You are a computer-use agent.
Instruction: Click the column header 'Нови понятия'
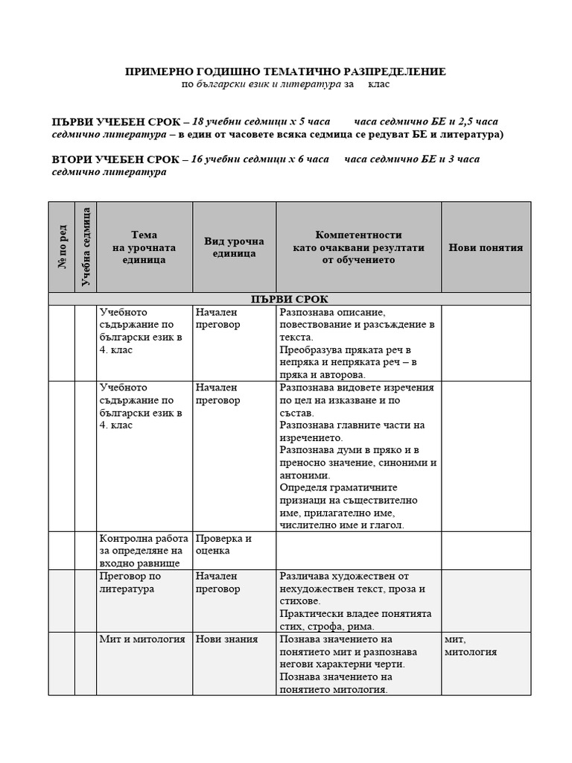(486, 247)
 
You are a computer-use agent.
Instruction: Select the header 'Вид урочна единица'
(234, 247)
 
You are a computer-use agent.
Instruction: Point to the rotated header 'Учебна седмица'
(86, 247)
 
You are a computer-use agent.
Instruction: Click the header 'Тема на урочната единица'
(144, 247)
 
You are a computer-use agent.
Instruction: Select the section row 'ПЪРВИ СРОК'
(290, 299)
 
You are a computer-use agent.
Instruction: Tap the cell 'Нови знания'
(226, 639)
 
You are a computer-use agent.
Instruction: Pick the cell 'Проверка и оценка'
(223, 545)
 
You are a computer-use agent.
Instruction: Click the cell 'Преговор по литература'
(130, 583)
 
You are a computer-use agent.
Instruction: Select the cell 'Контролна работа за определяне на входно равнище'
(140, 551)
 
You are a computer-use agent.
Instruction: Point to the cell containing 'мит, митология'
(471, 646)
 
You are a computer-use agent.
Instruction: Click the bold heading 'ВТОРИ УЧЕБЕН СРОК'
(115, 159)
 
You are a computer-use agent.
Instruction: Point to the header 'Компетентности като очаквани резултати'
(358, 247)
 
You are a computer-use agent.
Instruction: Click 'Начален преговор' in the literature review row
(217, 583)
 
